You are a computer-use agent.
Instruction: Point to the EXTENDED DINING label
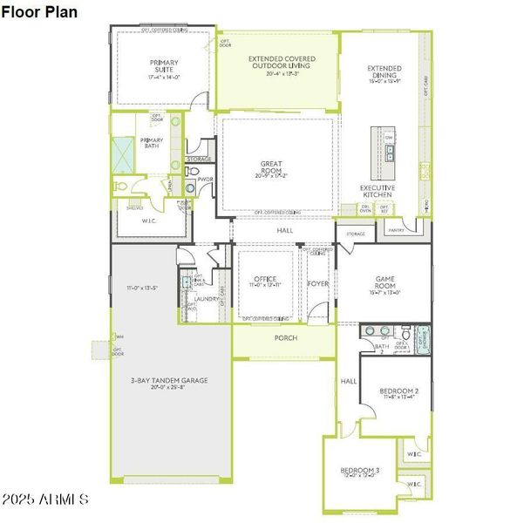(x=384, y=71)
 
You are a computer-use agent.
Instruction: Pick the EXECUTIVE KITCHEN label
(x=378, y=191)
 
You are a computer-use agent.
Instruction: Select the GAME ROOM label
(x=384, y=282)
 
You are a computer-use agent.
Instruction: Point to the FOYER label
(x=317, y=282)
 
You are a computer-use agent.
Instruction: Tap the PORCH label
(x=285, y=337)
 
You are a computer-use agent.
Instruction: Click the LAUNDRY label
(x=207, y=299)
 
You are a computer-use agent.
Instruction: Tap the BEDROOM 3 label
(x=359, y=471)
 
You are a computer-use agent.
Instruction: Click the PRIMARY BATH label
(x=152, y=143)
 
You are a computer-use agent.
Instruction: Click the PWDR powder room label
(x=204, y=180)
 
